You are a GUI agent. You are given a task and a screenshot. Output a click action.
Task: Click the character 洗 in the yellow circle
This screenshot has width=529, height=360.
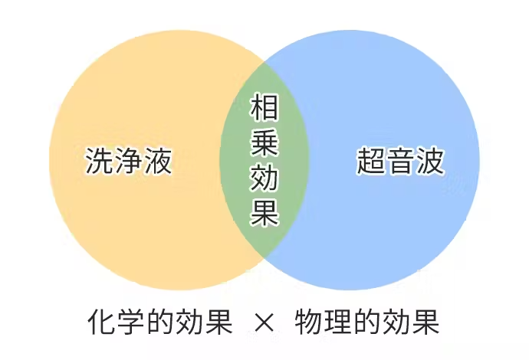click(x=100, y=160)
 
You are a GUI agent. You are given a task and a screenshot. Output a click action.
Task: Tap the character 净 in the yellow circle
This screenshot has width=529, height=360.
click(x=129, y=160)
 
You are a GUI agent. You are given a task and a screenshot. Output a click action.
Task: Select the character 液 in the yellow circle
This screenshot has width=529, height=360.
click(x=158, y=160)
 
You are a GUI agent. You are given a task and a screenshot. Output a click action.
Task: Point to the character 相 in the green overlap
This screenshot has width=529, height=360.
click(x=264, y=107)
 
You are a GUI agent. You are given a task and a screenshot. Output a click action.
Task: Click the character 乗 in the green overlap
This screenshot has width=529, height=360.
click(x=264, y=143)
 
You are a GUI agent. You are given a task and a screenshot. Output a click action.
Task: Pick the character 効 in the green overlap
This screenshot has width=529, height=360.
click(x=264, y=178)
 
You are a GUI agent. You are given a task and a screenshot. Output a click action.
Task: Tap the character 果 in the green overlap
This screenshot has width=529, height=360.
click(x=264, y=212)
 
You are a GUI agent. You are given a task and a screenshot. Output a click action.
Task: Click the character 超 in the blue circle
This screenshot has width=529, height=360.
click(x=371, y=160)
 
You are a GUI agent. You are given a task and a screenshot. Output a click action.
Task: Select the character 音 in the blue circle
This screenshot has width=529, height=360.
click(x=400, y=160)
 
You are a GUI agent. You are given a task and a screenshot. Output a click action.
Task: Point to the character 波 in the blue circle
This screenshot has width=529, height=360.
click(x=429, y=160)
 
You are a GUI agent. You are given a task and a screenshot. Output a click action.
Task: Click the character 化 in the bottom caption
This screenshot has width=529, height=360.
click(x=102, y=322)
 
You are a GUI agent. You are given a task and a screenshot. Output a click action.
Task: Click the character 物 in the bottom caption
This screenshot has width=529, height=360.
click(x=309, y=322)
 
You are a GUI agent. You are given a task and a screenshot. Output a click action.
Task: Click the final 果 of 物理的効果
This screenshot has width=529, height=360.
click(x=425, y=322)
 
